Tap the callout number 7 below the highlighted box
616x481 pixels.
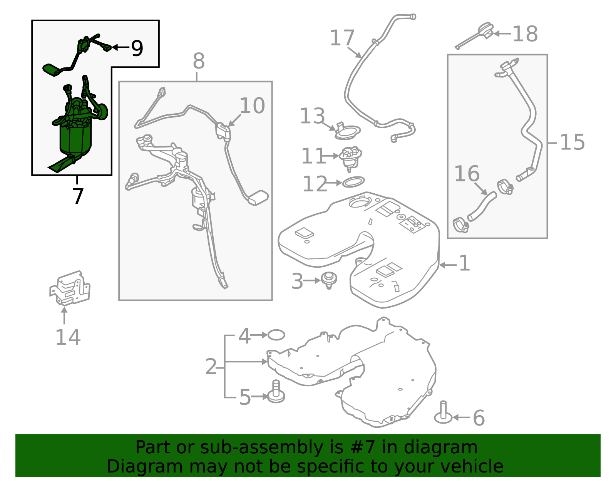(x=78, y=196)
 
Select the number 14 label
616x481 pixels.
(x=68, y=337)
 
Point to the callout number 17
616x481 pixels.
(x=342, y=38)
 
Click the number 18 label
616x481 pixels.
(x=525, y=34)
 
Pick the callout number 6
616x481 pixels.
(x=479, y=418)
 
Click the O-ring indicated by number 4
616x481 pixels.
(x=276, y=335)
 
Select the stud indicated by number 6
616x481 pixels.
(x=444, y=413)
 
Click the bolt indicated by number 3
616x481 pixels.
(x=328, y=280)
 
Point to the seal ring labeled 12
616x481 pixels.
(x=353, y=182)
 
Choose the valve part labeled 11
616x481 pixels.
(x=350, y=159)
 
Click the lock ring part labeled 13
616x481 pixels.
(x=347, y=131)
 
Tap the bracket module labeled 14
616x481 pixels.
(x=70, y=288)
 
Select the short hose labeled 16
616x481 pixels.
(x=482, y=206)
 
